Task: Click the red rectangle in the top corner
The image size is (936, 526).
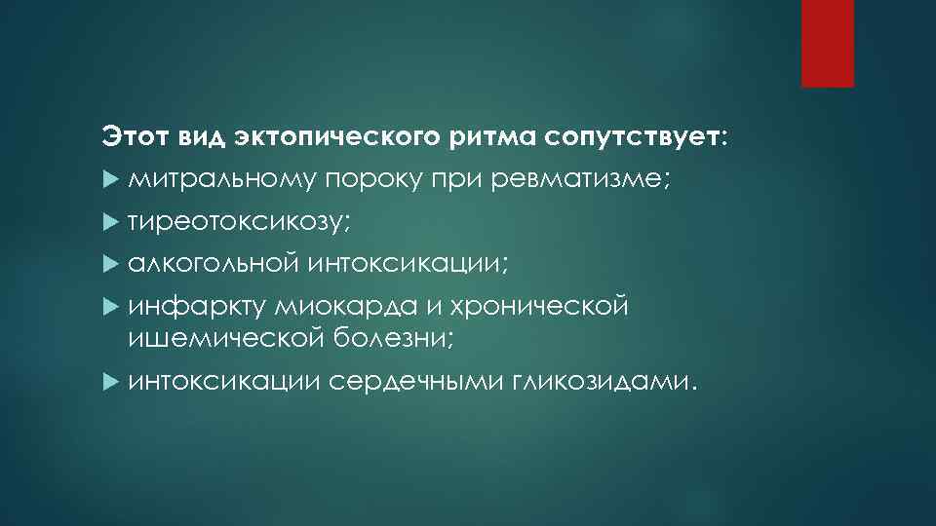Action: click(x=827, y=43)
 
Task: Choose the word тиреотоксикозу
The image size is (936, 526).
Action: click(x=231, y=222)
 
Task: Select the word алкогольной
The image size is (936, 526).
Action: click(x=214, y=264)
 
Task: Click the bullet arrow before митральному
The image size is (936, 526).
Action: click(x=109, y=181)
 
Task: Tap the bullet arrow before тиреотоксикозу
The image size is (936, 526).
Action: click(x=109, y=223)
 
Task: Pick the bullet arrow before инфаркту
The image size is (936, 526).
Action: click(x=109, y=308)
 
